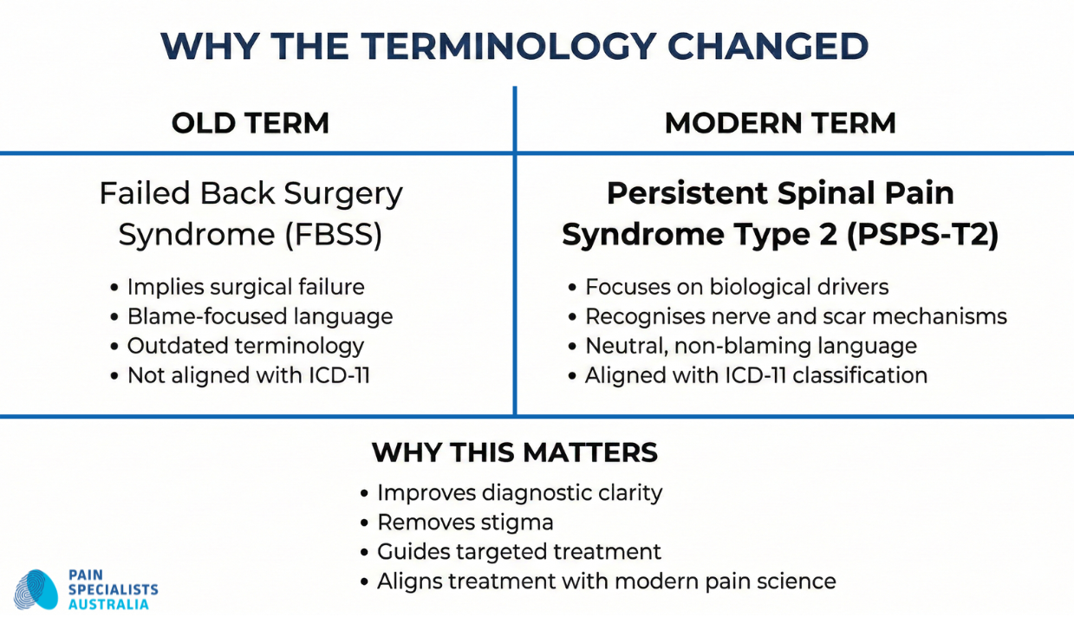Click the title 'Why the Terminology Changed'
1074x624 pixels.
click(515, 46)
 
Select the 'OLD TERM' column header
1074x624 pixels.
click(250, 123)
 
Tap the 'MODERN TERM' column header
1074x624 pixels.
click(779, 123)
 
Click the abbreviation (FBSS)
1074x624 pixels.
click(335, 236)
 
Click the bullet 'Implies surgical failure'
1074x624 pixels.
click(245, 287)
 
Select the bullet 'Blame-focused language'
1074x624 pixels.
click(259, 316)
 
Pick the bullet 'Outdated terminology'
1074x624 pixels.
click(245, 346)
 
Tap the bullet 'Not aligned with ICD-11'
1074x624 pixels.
click(248, 375)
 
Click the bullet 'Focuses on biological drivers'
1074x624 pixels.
click(737, 287)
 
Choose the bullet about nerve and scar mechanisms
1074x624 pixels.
click(795, 316)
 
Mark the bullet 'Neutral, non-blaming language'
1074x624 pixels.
click(750, 346)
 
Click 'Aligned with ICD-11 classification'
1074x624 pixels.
click(755, 375)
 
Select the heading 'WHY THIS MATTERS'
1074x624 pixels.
click(514, 452)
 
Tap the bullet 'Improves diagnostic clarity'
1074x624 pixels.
click(519, 493)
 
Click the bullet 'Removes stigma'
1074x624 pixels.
click(465, 523)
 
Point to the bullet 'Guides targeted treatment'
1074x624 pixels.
click(518, 552)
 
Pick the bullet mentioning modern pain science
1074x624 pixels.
click(606, 582)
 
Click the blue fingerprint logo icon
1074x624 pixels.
click(36, 590)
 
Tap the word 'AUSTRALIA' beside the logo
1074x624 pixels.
click(108, 604)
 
